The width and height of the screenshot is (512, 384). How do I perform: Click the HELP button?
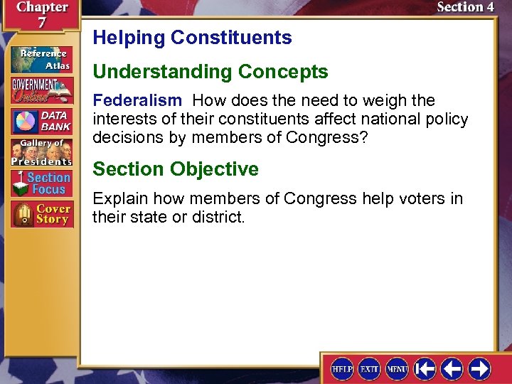point(342,368)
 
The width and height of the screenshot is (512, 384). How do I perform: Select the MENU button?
point(396,368)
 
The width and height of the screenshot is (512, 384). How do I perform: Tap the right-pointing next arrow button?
point(480,368)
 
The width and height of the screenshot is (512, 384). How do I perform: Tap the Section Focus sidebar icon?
point(41,183)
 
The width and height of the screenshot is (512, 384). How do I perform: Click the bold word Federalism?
point(137,101)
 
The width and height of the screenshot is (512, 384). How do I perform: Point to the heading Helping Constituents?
point(192,38)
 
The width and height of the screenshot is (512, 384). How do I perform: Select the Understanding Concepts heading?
point(210,72)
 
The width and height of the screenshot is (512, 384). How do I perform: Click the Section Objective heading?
point(176,169)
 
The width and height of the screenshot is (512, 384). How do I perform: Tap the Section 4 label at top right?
point(465,8)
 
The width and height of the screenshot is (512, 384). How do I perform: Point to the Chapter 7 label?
point(41,14)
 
